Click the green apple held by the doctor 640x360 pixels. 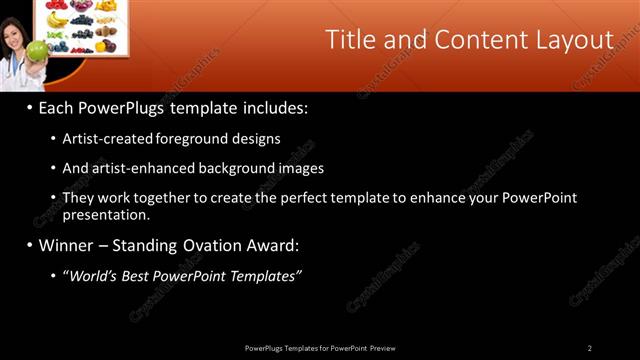36,50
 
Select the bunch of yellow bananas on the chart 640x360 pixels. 58,19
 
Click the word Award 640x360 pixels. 272,245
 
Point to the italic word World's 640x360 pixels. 92,275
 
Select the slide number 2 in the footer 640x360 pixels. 589,348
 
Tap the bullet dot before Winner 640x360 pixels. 30,245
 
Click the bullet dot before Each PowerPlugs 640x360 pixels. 30,107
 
